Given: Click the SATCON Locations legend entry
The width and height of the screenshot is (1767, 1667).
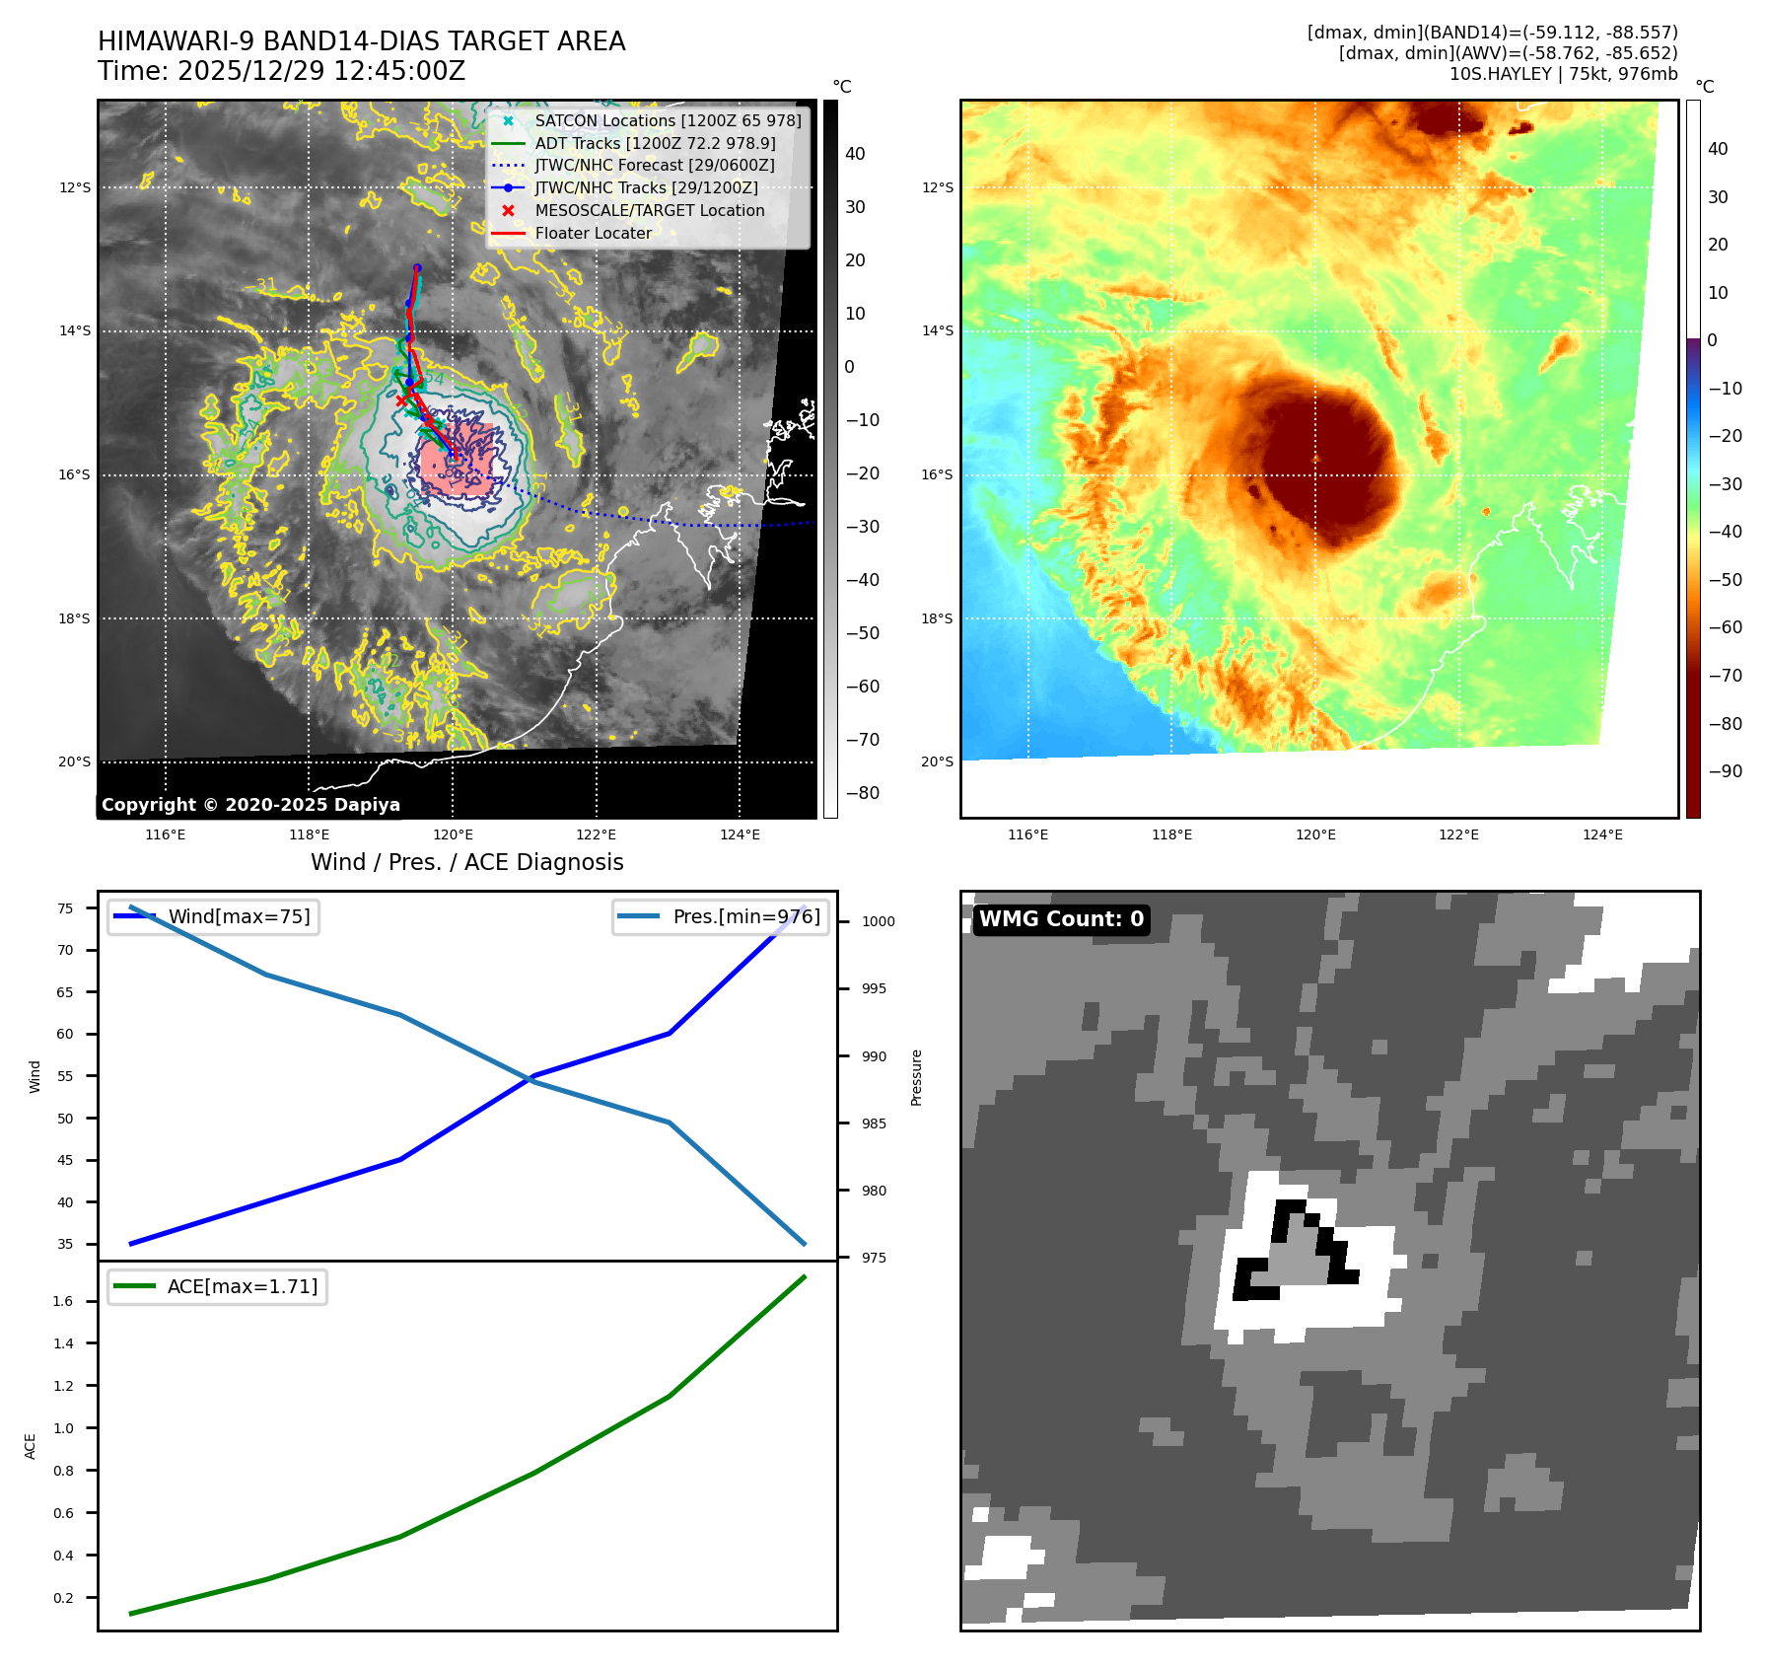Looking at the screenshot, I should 668,120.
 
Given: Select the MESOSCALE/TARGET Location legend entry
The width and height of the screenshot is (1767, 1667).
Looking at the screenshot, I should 649,210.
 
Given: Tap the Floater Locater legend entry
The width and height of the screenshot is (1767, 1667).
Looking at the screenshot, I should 593,233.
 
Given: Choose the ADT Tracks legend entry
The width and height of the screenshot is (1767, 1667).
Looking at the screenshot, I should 655,143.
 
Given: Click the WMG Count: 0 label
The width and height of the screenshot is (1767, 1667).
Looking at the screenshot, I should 1061,919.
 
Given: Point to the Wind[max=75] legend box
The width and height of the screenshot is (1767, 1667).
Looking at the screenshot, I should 213,916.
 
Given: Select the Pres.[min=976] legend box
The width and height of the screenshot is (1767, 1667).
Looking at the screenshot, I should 720,916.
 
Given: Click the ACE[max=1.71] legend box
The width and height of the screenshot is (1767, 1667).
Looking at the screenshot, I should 217,1286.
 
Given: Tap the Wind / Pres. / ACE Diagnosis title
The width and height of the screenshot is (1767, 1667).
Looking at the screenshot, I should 466,862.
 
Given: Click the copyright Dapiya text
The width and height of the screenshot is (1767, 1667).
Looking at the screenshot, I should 250,805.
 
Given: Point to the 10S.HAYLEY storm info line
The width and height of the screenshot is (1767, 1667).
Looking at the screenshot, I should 1563,74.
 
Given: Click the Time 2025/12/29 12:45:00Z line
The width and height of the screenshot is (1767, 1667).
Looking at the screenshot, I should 281,71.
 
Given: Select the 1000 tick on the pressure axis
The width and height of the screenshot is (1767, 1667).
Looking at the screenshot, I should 878,921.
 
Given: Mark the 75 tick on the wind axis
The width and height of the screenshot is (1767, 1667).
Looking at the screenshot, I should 65,908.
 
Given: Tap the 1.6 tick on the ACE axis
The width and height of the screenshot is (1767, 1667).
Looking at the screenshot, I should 63,1301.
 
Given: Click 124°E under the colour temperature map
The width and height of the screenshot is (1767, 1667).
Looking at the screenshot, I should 1602,834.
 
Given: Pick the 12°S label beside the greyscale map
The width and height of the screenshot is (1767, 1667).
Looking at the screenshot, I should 75,187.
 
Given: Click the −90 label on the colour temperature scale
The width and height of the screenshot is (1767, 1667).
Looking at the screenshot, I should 1725,771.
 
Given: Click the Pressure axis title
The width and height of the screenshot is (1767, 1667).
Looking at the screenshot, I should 916,1077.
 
